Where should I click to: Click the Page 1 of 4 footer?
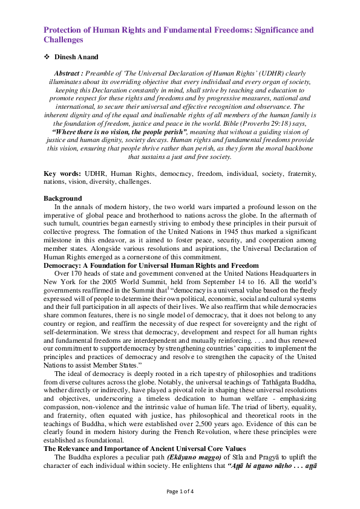tap(180, 491)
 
